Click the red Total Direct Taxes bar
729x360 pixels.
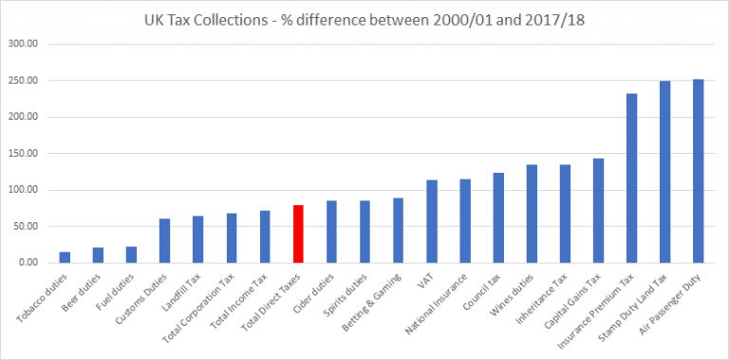pyautogui.click(x=298, y=234)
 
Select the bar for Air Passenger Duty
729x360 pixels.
pyautogui.click(x=698, y=171)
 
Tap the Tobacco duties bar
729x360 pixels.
pyautogui.click(x=65, y=256)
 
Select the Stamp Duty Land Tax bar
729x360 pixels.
pyautogui.click(x=664, y=172)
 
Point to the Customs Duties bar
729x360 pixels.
pyautogui.click(x=164, y=240)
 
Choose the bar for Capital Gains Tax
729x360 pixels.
pyautogui.click(x=598, y=210)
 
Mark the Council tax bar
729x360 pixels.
pyautogui.click(x=498, y=218)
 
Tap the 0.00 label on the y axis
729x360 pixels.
pyautogui.click(x=29, y=262)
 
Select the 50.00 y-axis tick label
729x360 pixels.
pyautogui.click(x=26, y=226)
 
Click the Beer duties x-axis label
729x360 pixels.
pyautogui.click(x=84, y=288)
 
